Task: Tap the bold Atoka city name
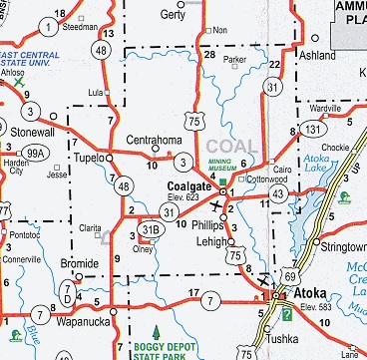tap(313, 295)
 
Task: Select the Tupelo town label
tap(90, 159)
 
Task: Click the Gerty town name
tap(175, 15)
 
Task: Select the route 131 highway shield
tap(314, 129)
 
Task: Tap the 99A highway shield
tap(36, 153)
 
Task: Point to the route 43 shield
tap(278, 192)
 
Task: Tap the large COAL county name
tap(222, 132)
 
